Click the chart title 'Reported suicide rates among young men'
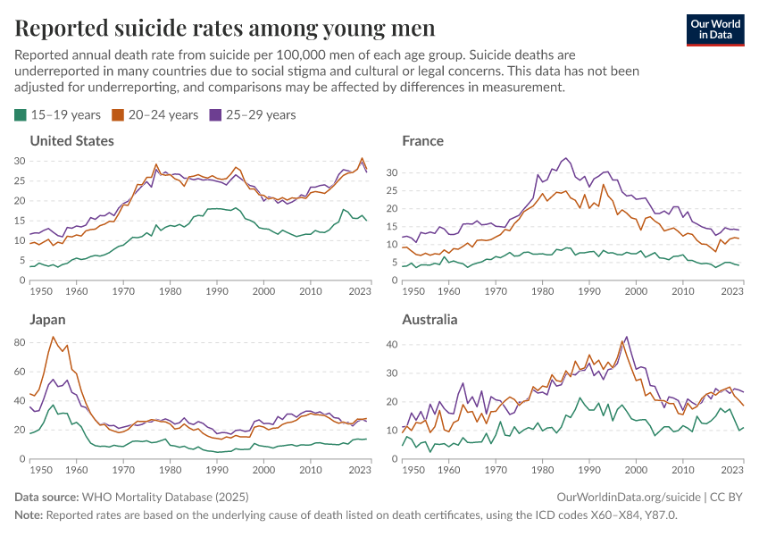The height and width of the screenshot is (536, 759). point(225,29)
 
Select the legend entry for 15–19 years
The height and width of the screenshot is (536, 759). point(57,114)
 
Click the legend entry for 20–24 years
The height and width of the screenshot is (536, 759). point(154,114)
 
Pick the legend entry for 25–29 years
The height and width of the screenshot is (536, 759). point(252,114)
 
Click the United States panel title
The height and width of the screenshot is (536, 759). point(72,141)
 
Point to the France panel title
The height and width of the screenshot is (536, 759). point(422,141)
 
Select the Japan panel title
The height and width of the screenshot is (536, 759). point(48,320)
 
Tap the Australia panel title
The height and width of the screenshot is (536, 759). point(430,320)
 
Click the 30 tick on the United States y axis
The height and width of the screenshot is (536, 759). point(20,161)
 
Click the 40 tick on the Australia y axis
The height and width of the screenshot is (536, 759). point(390,343)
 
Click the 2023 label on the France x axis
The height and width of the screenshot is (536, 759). point(732,291)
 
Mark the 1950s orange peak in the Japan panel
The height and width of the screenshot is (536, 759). point(54,337)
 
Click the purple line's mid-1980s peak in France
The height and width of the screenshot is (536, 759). point(565,159)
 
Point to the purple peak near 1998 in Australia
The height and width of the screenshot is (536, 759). point(626,337)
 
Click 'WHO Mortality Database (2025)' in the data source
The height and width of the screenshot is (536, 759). point(165,497)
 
